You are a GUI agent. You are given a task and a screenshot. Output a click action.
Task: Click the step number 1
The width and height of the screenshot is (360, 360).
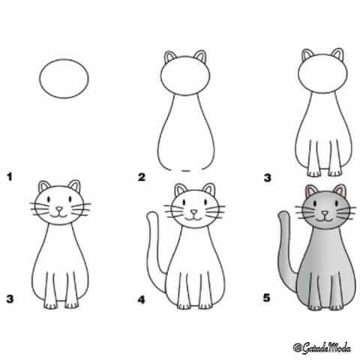[10, 177]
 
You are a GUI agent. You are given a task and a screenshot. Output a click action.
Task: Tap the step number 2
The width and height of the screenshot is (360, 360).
[142, 177]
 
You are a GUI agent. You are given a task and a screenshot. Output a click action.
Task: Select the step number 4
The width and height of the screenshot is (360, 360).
[141, 299]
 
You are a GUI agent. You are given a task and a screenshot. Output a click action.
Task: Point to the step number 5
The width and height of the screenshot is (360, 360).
[267, 298]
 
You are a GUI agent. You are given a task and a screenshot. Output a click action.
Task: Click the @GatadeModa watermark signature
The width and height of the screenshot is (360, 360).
[322, 348]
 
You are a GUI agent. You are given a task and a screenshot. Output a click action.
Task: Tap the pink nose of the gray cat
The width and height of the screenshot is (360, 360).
[325, 213]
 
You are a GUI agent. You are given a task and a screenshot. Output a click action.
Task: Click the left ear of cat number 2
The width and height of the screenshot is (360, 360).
[169, 57]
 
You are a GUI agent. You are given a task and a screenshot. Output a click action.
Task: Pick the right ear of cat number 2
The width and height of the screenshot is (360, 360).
[201, 56]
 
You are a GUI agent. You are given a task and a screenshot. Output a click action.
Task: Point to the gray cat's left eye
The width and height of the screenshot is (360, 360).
[315, 203]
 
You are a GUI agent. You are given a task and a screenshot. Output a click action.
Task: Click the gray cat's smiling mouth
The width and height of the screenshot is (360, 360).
[325, 220]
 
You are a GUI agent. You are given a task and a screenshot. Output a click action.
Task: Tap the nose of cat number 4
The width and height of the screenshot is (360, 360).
[193, 212]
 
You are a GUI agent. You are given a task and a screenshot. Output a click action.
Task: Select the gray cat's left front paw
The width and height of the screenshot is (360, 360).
[314, 307]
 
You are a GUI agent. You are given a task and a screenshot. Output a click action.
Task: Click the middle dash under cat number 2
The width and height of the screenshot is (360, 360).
[186, 171]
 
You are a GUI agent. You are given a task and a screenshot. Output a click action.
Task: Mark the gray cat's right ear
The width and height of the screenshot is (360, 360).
[340, 190]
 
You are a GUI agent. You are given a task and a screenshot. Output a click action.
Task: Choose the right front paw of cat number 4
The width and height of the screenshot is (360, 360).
[205, 305]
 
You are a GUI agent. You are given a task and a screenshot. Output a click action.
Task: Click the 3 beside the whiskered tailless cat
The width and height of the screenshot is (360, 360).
[10, 299]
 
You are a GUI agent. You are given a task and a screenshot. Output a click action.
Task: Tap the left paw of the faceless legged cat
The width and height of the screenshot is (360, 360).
[313, 172]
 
